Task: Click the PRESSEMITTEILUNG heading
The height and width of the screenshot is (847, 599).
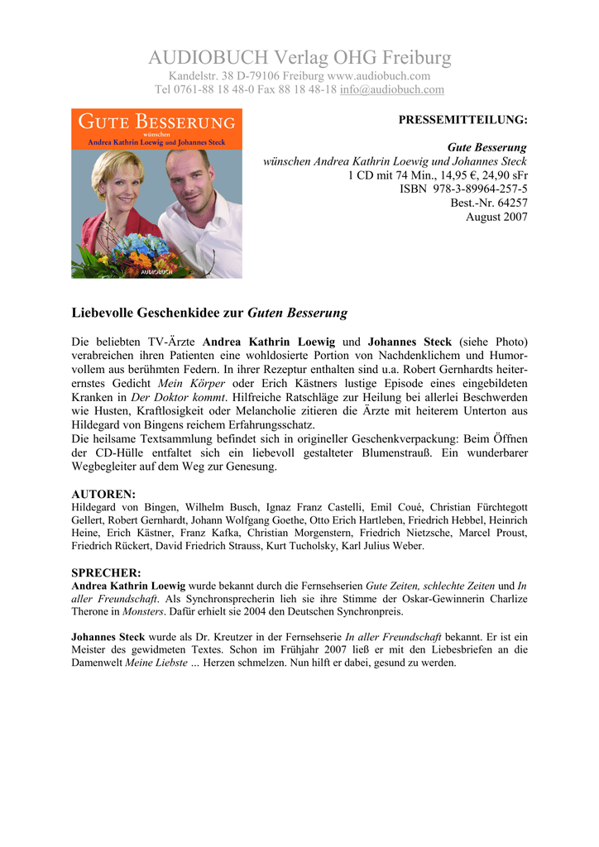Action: point(462,120)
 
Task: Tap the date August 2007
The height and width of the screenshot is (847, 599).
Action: point(496,217)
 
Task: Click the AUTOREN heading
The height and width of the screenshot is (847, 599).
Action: point(103,494)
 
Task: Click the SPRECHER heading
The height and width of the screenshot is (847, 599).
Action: point(106,572)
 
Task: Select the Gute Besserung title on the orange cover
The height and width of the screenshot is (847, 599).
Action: point(156,122)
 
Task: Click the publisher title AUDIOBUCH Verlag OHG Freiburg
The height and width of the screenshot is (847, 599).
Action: point(299,58)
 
